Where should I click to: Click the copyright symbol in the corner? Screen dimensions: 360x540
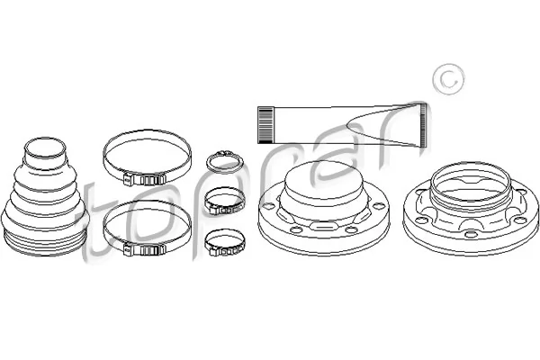pyautogui.click(x=443, y=80)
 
